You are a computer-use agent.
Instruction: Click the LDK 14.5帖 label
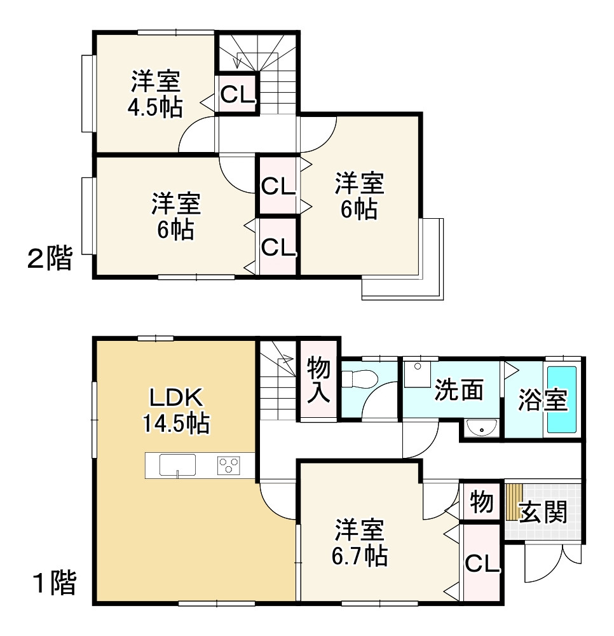pyautogui.click(x=176, y=411)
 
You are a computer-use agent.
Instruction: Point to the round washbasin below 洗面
pyautogui.click(x=481, y=429)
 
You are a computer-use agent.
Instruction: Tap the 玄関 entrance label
pyautogui.click(x=543, y=512)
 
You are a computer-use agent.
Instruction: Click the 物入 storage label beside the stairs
pyautogui.click(x=318, y=380)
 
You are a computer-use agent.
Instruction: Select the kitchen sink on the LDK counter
pyautogui.click(x=177, y=465)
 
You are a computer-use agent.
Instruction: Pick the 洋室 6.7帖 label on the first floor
pyautogui.click(x=360, y=543)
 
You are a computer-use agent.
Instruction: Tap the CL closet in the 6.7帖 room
pyautogui.click(x=483, y=563)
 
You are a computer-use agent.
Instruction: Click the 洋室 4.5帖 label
pyautogui.click(x=156, y=94)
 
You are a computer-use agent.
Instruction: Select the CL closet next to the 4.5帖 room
pyautogui.click(x=238, y=94)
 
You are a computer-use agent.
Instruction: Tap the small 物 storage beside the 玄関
pyautogui.click(x=481, y=503)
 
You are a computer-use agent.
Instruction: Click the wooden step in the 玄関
pyautogui.click(x=514, y=502)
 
